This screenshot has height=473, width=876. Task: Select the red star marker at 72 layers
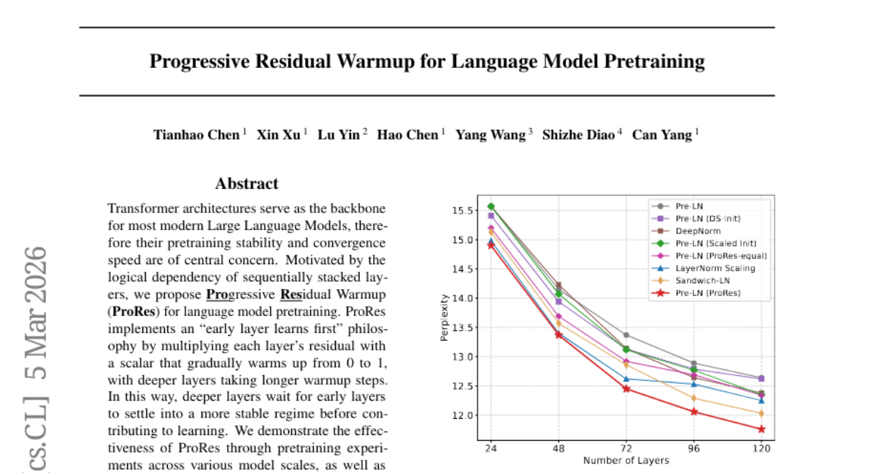626,388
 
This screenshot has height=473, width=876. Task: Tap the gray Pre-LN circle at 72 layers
626,335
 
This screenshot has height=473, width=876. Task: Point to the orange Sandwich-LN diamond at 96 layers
693,398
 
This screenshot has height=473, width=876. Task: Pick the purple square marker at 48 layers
558,301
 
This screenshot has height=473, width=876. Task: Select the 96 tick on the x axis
693,449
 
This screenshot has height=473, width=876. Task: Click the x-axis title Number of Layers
626,461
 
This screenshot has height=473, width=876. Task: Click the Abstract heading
247,184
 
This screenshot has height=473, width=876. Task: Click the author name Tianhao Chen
196,135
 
